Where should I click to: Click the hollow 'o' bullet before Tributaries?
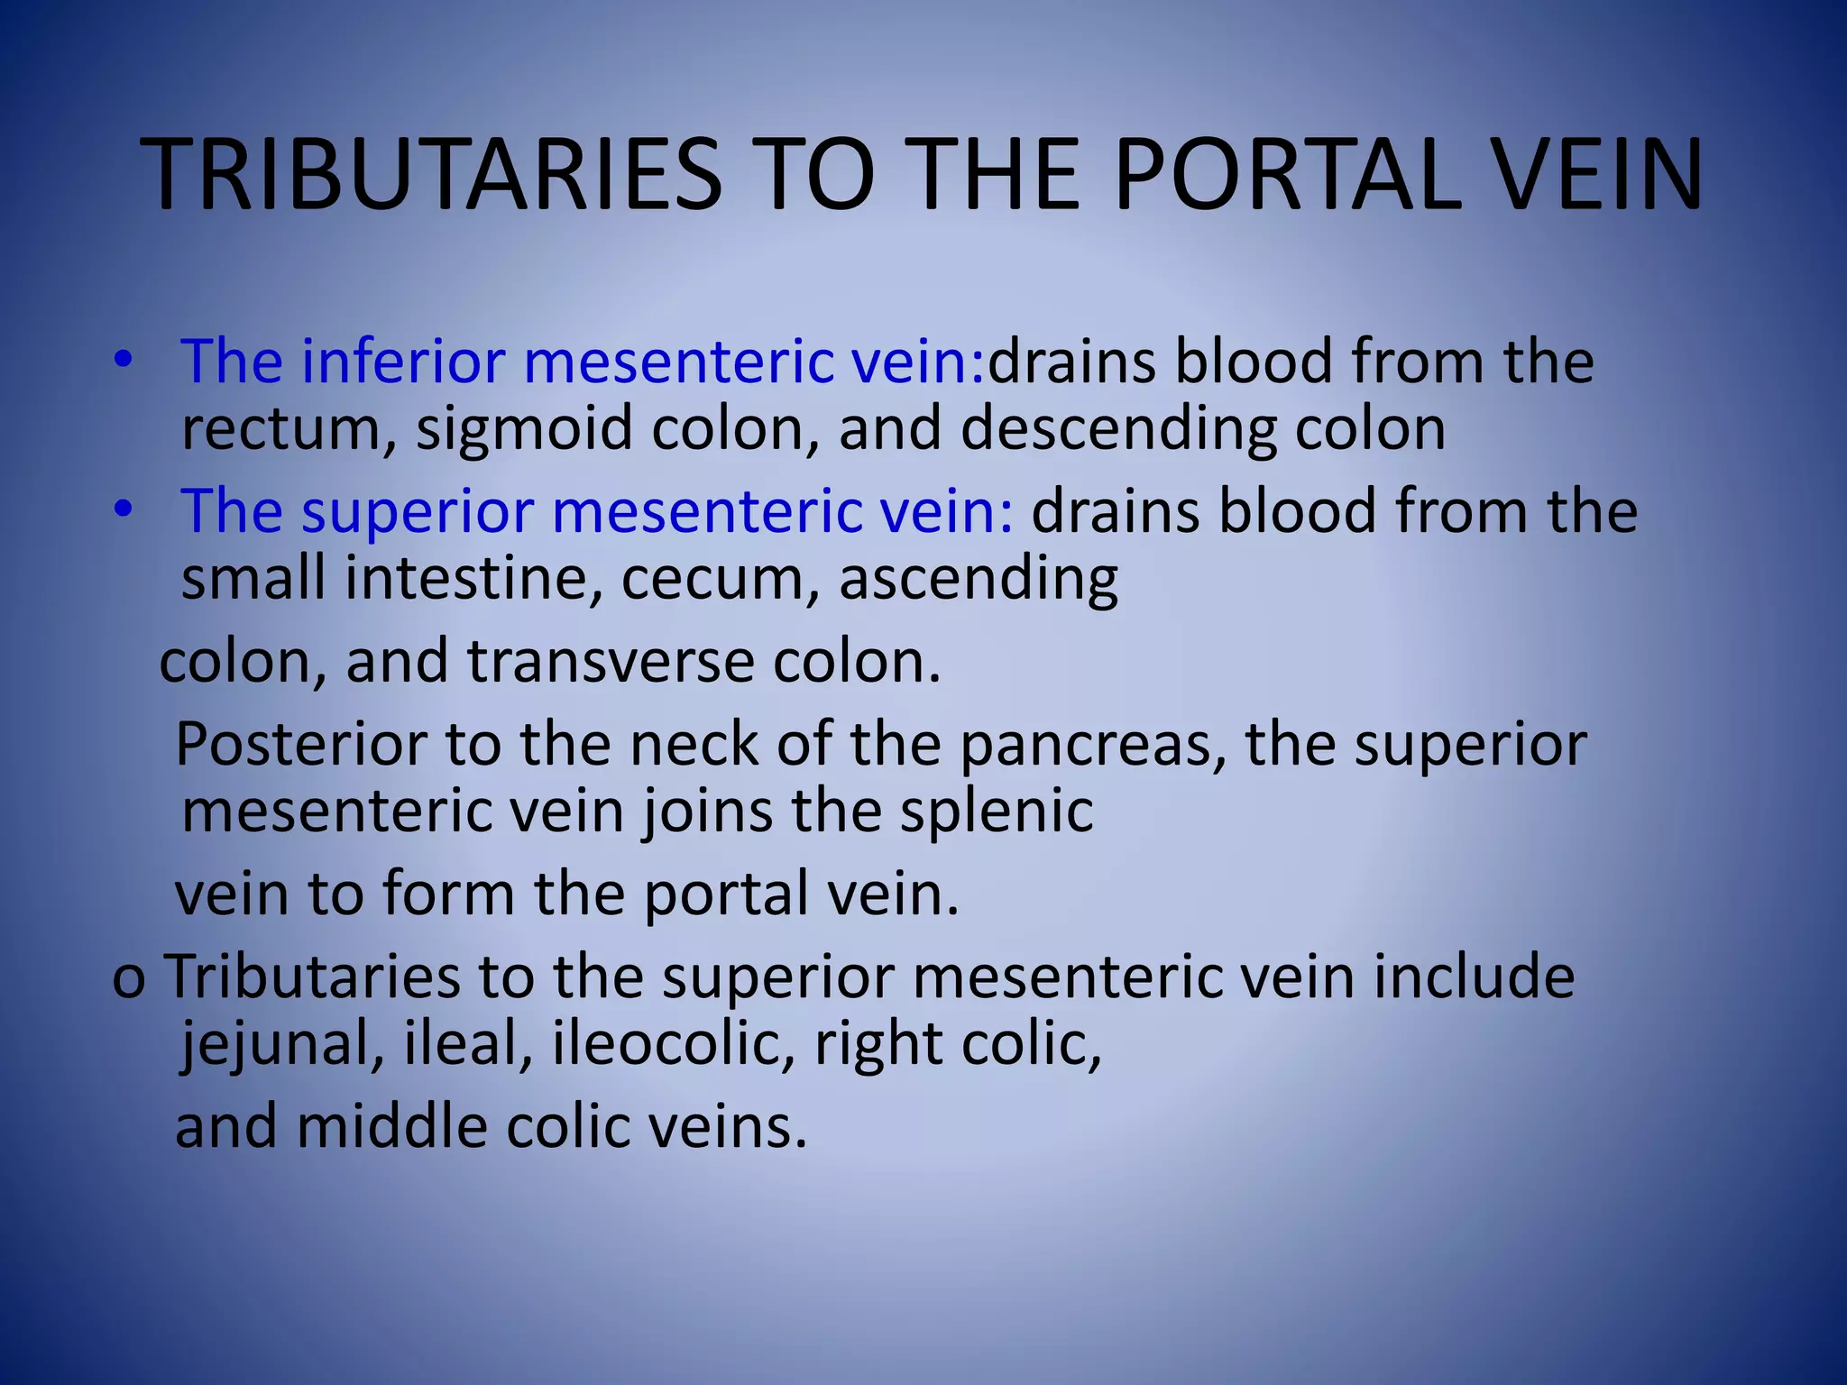click(x=128, y=979)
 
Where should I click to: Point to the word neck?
click(x=694, y=745)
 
